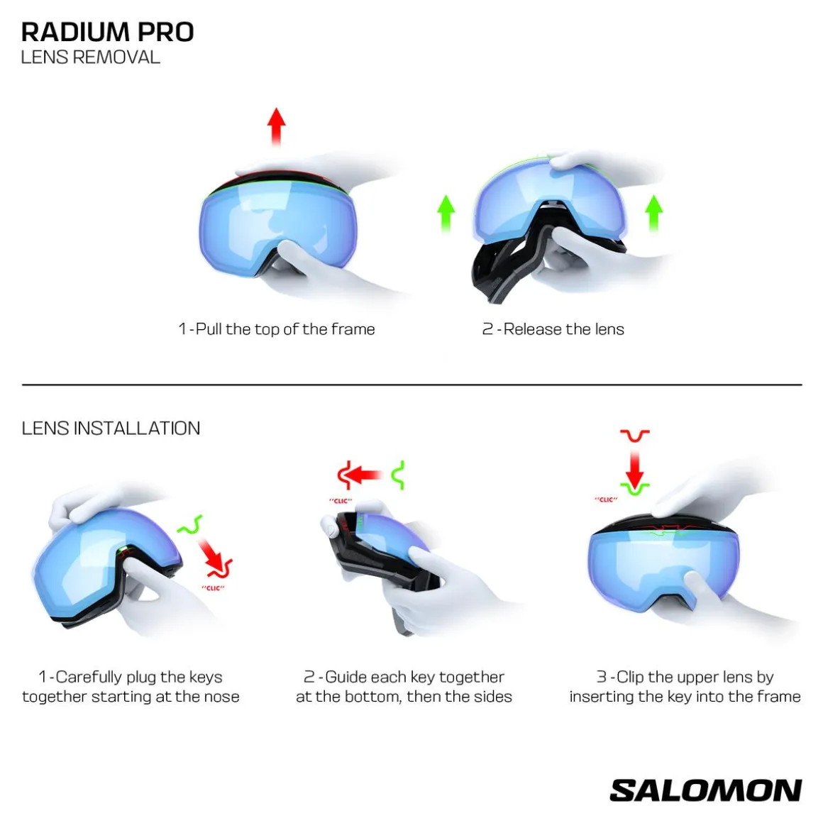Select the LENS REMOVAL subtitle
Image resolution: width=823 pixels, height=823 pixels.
(90, 57)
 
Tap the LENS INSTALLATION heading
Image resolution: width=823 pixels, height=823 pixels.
(111, 429)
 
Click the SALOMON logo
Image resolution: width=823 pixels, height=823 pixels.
(705, 790)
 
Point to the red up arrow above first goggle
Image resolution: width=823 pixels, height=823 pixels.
(277, 126)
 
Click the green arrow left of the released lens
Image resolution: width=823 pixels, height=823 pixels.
(446, 213)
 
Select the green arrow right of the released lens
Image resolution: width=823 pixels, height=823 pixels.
(653, 213)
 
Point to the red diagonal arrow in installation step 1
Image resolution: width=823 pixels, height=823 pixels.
(213, 558)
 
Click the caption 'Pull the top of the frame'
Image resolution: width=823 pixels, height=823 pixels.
(285, 329)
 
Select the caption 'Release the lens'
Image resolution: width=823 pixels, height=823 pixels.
(564, 329)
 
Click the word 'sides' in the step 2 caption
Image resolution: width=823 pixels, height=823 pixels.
(493, 697)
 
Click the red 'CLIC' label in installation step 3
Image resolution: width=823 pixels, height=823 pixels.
(606, 499)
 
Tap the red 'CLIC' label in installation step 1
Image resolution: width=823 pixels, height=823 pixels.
(213, 588)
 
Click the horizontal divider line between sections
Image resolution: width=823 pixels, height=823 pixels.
(412, 385)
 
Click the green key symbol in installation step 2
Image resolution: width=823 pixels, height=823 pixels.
(399, 475)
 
